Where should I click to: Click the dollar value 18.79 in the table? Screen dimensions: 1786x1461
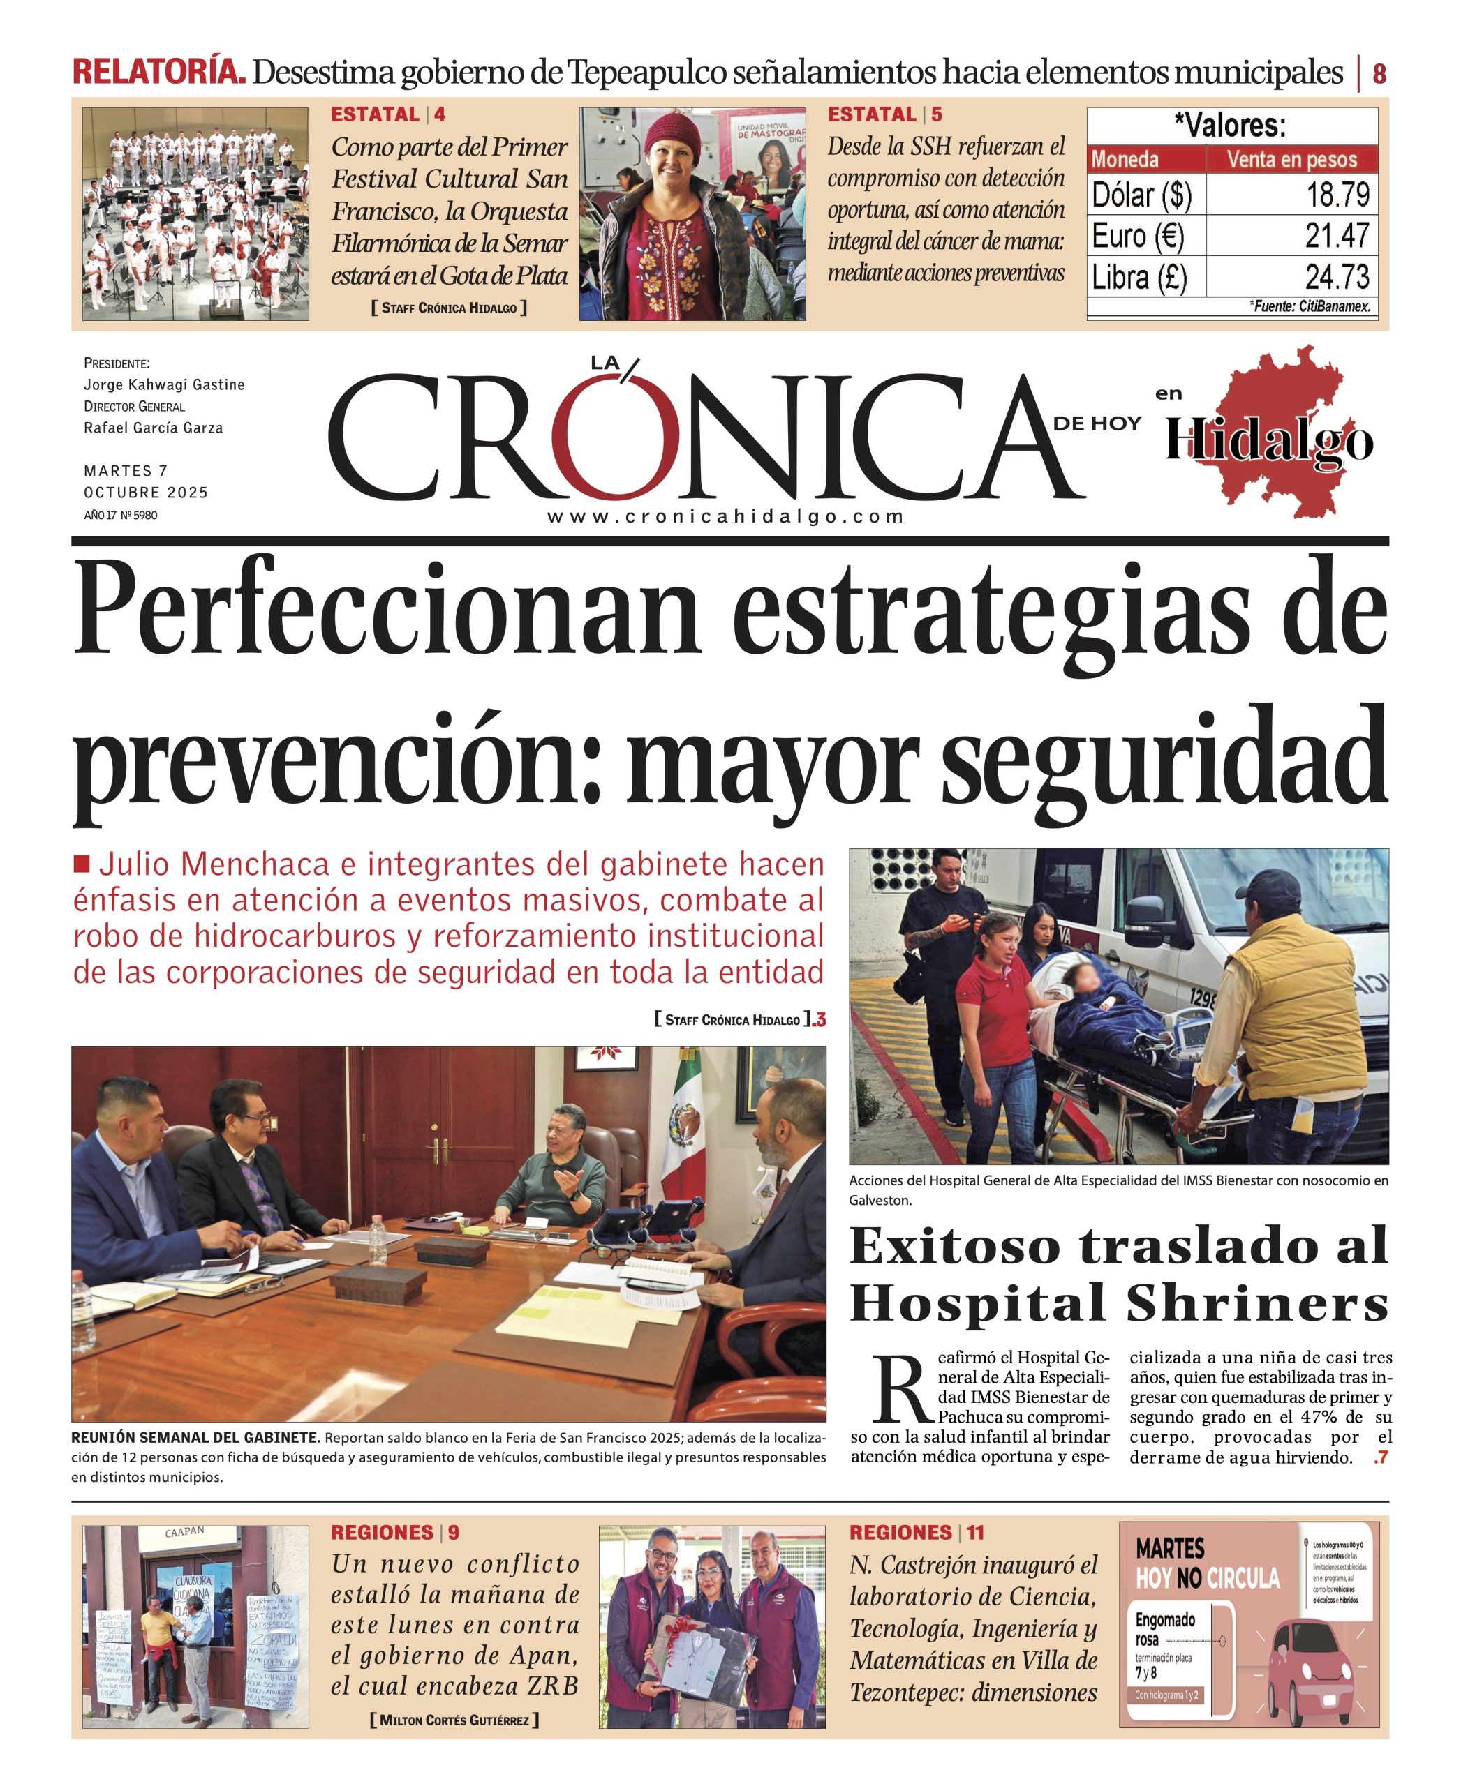pyautogui.click(x=1337, y=195)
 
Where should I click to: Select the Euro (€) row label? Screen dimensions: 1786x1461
pyautogui.click(x=1138, y=236)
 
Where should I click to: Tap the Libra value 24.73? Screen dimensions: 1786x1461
pyautogui.click(x=1337, y=276)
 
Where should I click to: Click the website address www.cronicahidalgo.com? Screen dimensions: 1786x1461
pyautogui.click(x=725, y=516)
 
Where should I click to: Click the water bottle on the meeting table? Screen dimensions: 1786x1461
pyautogui.click(x=378, y=1242)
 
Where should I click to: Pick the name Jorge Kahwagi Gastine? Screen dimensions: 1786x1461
pyautogui.click(x=164, y=384)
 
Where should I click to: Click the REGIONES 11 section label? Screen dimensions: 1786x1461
pyautogui.click(x=916, y=1532)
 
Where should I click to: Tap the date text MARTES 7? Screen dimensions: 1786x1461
pyautogui.click(x=126, y=470)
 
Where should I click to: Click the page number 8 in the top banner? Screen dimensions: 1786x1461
pyautogui.click(x=1379, y=74)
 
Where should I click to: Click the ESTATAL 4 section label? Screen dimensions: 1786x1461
pyautogui.click(x=388, y=114)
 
